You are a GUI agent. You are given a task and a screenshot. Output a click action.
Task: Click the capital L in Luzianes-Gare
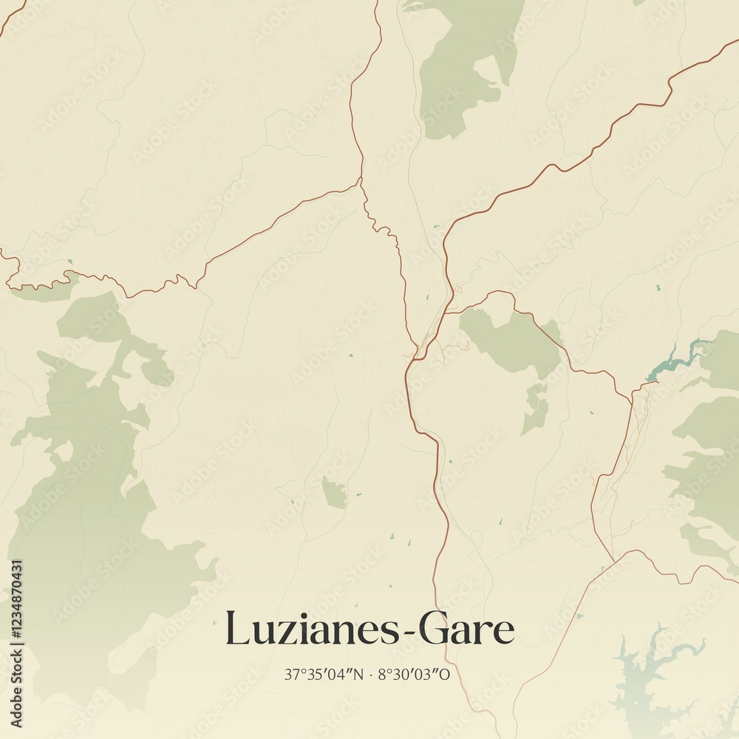pos(236,629)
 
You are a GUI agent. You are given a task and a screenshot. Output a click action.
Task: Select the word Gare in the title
pos(466,630)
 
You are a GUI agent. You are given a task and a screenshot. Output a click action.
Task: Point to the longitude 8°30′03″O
pos(413,675)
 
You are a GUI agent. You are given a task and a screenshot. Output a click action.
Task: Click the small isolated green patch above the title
pos(334,493)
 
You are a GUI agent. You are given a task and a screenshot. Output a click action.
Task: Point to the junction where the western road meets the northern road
pos(360,180)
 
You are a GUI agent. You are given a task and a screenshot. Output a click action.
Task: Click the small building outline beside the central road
pos(457,289)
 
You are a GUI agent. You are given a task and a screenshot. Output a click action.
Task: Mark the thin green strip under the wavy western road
pos(44,293)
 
